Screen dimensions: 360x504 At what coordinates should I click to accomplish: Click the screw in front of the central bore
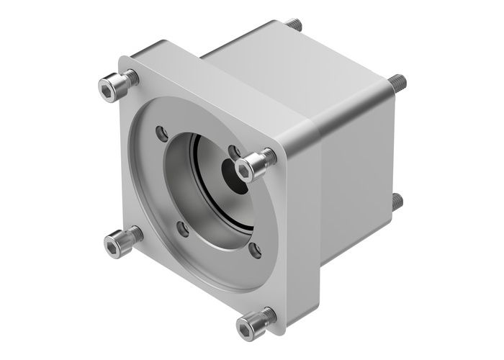click(254, 165)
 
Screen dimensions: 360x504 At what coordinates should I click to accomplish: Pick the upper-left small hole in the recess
click(162, 133)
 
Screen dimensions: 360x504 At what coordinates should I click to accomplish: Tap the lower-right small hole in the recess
click(254, 251)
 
